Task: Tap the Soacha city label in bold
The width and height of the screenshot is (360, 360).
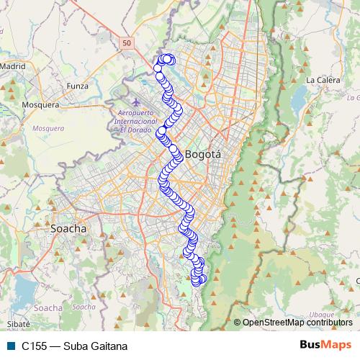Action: point(68,228)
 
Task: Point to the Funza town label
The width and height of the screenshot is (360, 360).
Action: point(76,86)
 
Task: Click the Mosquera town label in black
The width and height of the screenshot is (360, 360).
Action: point(40,104)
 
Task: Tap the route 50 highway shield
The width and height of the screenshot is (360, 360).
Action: point(127,44)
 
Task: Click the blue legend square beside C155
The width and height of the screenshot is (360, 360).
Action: point(10,346)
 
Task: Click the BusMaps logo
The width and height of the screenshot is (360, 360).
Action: point(325,345)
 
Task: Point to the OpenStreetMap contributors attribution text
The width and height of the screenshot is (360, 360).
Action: point(296,322)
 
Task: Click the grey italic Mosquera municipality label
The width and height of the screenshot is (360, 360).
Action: point(48,128)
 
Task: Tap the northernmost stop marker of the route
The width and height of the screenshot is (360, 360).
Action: point(168,58)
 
